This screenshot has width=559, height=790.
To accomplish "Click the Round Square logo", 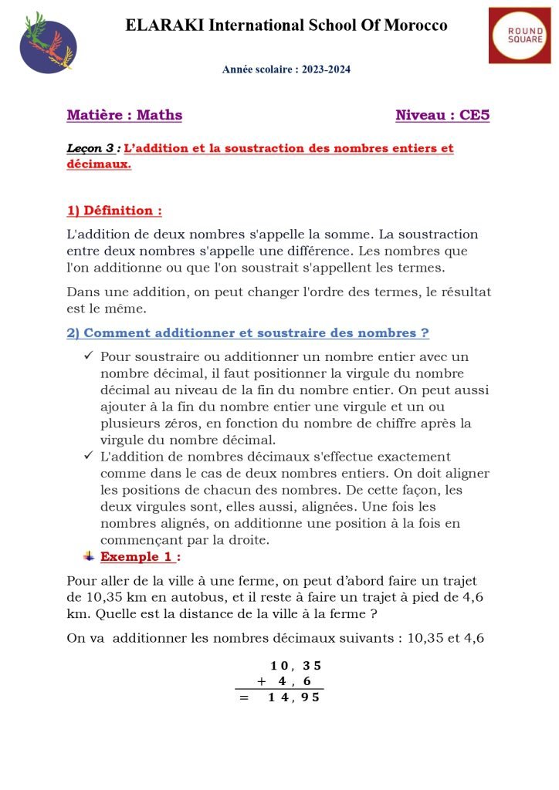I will [520, 35].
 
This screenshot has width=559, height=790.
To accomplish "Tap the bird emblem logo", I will [48, 43].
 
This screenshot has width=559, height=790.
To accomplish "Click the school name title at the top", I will [286, 25].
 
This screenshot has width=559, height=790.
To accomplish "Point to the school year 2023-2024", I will [286, 69].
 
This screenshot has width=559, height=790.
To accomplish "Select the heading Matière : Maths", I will [124, 116].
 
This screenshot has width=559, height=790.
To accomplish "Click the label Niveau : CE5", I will [442, 116].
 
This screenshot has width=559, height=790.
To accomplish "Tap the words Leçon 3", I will [90, 148].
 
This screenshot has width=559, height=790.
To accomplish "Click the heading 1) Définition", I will [114, 211].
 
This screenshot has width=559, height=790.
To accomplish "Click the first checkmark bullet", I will [88, 356].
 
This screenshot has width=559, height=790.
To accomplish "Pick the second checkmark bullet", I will [88, 456].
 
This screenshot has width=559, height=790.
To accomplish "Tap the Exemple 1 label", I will [140, 556].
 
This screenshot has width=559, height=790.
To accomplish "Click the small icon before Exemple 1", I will [89, 556].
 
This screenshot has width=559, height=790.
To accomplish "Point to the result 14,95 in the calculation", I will [293, 698].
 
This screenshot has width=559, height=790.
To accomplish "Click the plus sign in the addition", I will [262, 681].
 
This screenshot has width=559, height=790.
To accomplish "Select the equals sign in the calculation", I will [244, 698].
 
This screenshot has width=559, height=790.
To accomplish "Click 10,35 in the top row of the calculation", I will [295, 666].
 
